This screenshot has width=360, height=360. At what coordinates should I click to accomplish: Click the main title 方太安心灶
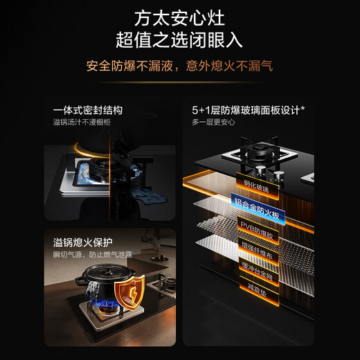(x=179, y=17)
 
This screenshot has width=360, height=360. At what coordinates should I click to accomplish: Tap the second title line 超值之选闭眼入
(x=179, y=39)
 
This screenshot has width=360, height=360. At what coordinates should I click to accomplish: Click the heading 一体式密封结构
(x=93, y=109)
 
